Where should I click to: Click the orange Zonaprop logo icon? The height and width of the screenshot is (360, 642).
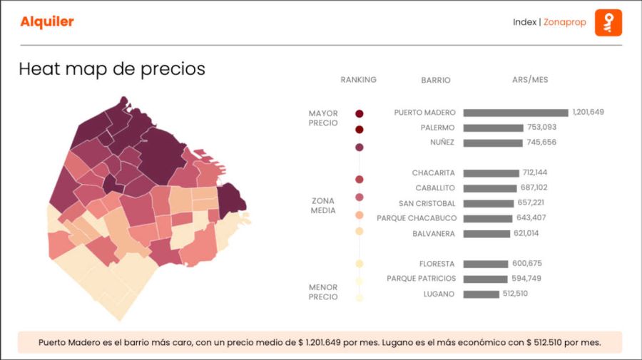tap(608, 22)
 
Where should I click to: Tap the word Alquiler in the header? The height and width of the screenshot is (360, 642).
tap(47, 22)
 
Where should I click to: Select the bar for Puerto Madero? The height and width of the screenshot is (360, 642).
tap(515, 113)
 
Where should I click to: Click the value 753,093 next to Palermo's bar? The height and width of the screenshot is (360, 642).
tap(541, 128)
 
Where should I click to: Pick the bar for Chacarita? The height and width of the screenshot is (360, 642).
tap(491, 173)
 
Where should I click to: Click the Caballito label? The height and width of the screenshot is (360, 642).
tap(435, 188)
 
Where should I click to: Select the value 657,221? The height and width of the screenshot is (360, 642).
tap(529, 203)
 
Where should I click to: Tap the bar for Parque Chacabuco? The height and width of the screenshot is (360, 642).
tap(488, 218)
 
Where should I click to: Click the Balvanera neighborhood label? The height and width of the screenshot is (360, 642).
tap(434, 234)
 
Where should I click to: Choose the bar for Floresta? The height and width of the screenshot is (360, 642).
tap(485, 264)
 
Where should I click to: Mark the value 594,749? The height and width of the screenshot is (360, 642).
tap(526, 279)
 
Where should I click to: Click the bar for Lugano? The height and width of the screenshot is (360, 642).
tap(481, 294)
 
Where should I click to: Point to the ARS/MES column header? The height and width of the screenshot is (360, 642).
tap(530, 80)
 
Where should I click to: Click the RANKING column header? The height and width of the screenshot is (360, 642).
tap(358, 80)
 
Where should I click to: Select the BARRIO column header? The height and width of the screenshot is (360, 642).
tap(436, 81)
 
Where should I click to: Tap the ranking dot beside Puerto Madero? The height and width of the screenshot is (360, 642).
tap(360, 113)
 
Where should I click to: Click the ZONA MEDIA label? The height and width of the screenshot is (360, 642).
tap(322, 205)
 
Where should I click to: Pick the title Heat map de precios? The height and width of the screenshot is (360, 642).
tap(112, 69)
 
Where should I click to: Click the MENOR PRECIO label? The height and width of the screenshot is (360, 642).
tap(323, 292)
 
